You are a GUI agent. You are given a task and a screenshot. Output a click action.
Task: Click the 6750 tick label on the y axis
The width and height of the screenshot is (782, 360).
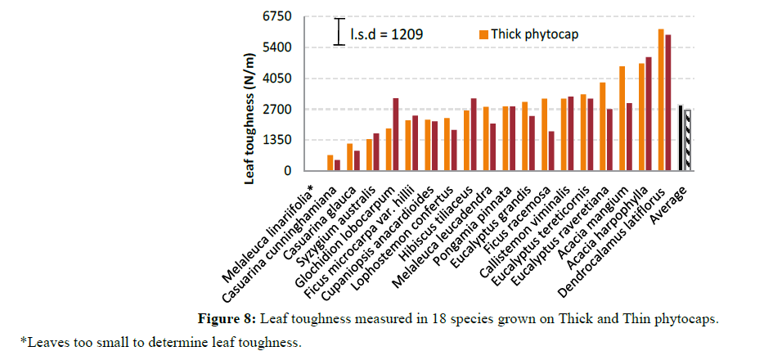point(276,16)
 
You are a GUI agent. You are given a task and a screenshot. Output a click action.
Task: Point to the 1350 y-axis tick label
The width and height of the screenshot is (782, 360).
point(276,140)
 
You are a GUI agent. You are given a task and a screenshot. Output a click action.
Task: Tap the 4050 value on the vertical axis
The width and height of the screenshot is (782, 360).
point(276,79)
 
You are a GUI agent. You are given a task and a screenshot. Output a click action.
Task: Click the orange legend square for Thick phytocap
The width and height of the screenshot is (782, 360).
point(484,34)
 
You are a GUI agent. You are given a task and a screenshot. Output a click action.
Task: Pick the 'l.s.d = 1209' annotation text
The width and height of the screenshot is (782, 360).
point(387,34)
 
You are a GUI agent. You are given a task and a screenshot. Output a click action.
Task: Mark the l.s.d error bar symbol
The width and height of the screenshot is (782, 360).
point(339,31)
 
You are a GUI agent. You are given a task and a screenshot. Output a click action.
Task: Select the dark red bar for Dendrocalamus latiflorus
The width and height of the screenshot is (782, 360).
point(668,102)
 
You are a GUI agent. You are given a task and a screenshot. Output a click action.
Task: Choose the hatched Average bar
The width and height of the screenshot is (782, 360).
point(688,140)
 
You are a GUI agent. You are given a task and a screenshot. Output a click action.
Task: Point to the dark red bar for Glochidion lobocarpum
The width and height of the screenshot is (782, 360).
point(397,134)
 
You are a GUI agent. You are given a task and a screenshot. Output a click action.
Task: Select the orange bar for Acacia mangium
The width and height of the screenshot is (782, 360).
point(622,119)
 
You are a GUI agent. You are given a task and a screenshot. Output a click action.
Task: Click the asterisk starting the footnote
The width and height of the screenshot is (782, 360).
point(24,340)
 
